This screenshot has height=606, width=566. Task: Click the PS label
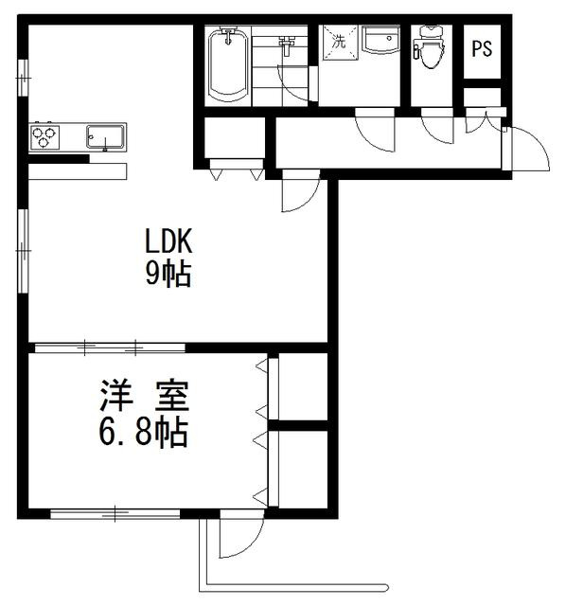(482, 49)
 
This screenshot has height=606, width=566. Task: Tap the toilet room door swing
(437, 129)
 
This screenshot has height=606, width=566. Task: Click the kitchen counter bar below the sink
(78, 170)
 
